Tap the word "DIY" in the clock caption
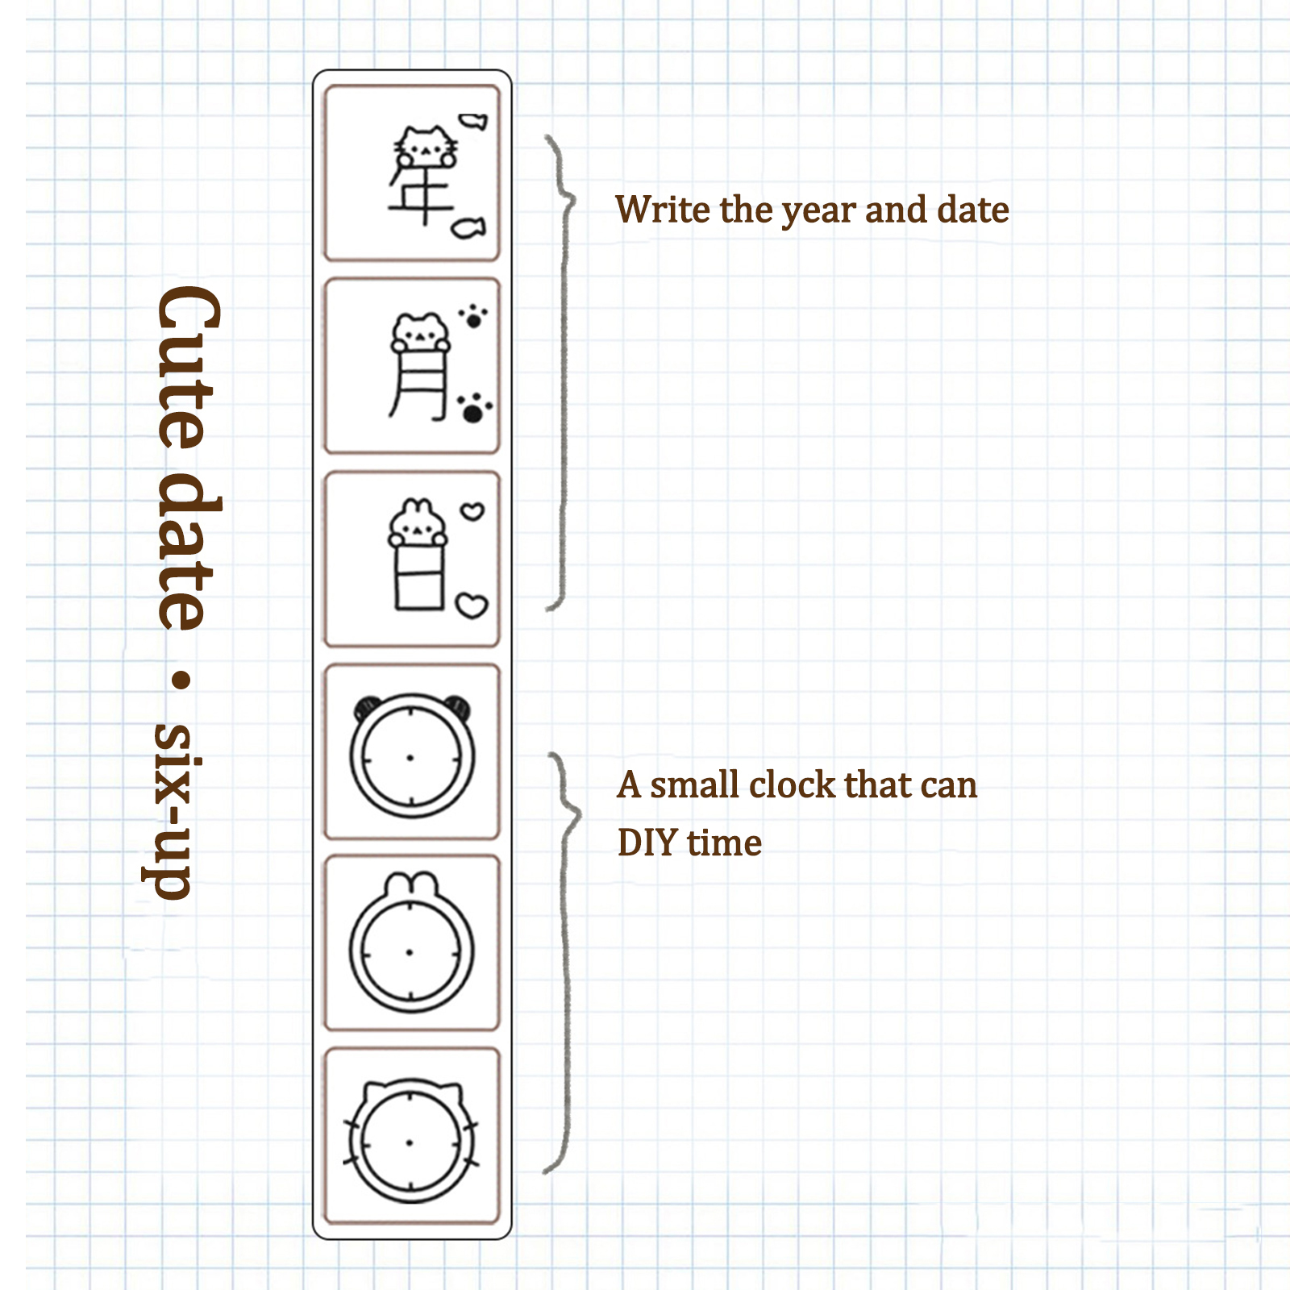[647, 843]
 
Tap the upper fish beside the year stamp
[474, 122]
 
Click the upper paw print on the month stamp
[473, 316]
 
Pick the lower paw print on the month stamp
[474, 409]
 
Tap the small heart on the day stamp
[472, 511]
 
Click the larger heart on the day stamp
[472, 605]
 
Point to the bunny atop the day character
[417, 522]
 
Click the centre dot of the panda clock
[410, 758]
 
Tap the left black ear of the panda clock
[368, 707]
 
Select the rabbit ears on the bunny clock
[412, 885]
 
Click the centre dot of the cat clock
[410, 1142]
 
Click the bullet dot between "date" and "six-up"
[183, 680]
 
